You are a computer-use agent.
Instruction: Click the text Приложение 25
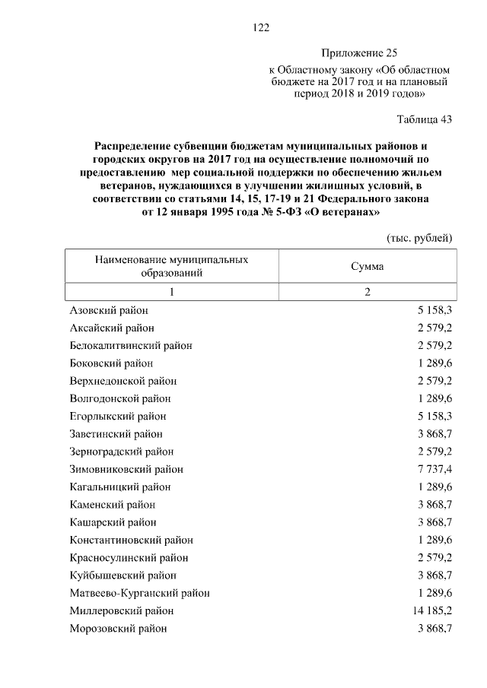tap(360, 53)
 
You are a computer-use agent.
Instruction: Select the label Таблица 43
tap(425, 119)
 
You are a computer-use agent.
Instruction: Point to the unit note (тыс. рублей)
tap(420, 238)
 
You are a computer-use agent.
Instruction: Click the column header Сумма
tap(367, 267)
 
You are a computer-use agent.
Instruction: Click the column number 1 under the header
tap(172, 293)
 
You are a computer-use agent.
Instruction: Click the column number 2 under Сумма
tap(367, 293)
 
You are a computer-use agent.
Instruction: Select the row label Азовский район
tap(109, 311)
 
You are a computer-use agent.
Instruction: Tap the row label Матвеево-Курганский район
tap(139, 593)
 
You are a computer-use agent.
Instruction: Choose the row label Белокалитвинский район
tap(130, 346)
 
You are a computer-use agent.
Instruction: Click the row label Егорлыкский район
tap(117, 417)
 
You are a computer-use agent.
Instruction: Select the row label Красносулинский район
tap(128, 558)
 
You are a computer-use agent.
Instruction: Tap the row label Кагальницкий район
tap(119, 487)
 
